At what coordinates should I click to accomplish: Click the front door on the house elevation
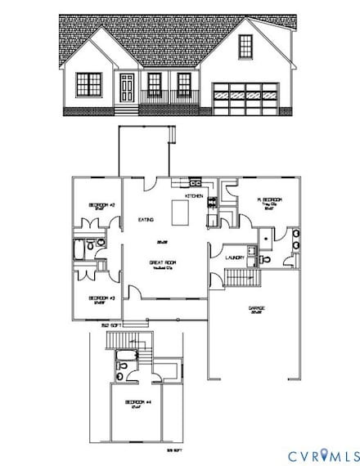(x=127, y=87)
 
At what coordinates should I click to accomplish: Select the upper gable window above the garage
(x=246, y=47)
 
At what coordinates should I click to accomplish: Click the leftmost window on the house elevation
(x=89, y=83)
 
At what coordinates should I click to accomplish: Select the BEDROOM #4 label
(x=135, y=403)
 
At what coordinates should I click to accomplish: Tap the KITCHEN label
(x=194, y=197)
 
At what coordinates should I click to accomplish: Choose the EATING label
(x=146, y=220)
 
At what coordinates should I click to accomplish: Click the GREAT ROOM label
(x=160, y=263)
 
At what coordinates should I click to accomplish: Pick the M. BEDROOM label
(x=269, y=200)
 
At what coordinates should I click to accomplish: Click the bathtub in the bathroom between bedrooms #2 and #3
(x=79, y=249)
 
